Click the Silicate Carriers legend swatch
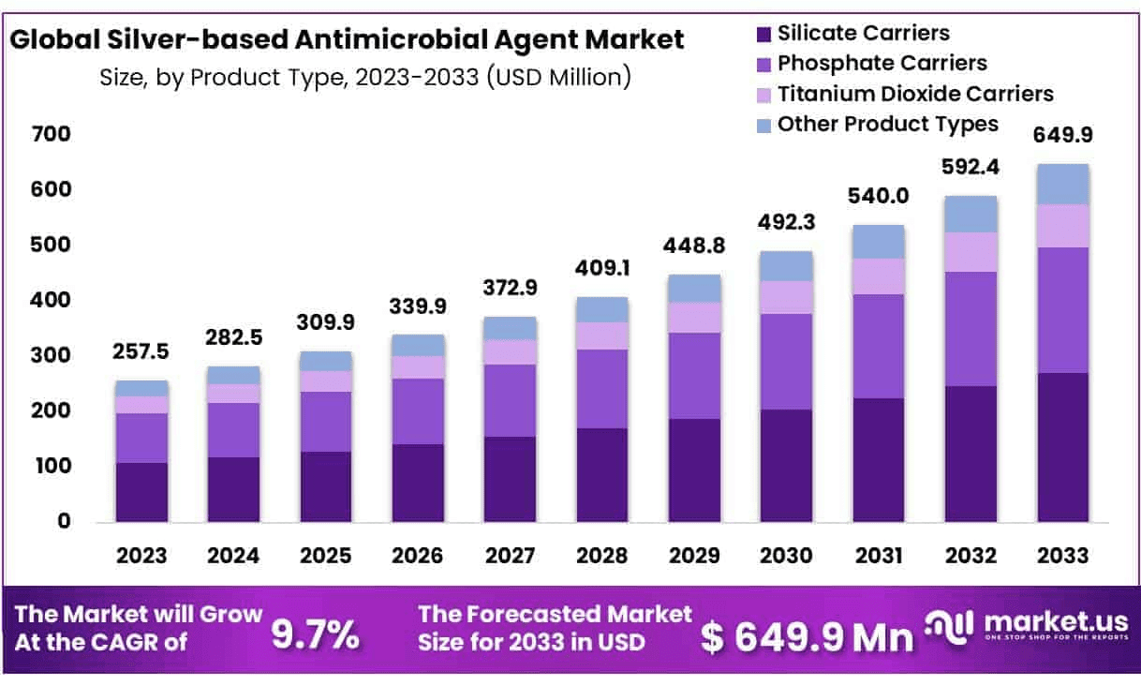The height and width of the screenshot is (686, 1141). click(x=764, y=35)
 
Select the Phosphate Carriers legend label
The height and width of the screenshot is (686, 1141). click(x=882, y=64)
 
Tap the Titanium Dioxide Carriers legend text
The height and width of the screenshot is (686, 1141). click(x=915, y=94)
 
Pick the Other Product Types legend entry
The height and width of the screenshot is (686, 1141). click(x=888, y=124)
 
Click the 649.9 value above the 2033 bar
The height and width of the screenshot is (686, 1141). click(x=1062, y=136)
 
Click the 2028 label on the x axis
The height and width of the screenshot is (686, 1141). click(x=601, y=555)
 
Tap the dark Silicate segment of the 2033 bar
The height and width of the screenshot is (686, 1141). click(x=1062, y=447)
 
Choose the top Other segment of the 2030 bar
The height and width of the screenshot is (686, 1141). click(x=786, y=266)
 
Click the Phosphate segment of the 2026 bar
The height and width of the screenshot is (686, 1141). click(x=418, y=411)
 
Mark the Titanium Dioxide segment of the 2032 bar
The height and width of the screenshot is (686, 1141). click(x=971, y=252)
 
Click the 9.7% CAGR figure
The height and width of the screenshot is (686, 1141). click(x=315, y=634)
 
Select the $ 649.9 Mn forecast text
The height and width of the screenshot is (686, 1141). click(x=807, y=637)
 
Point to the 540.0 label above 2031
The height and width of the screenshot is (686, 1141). click(x=878, y=198)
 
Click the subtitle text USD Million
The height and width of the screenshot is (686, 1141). click(x=556, y=77)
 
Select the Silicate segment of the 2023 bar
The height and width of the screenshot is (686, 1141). click(x=142, y=492)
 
